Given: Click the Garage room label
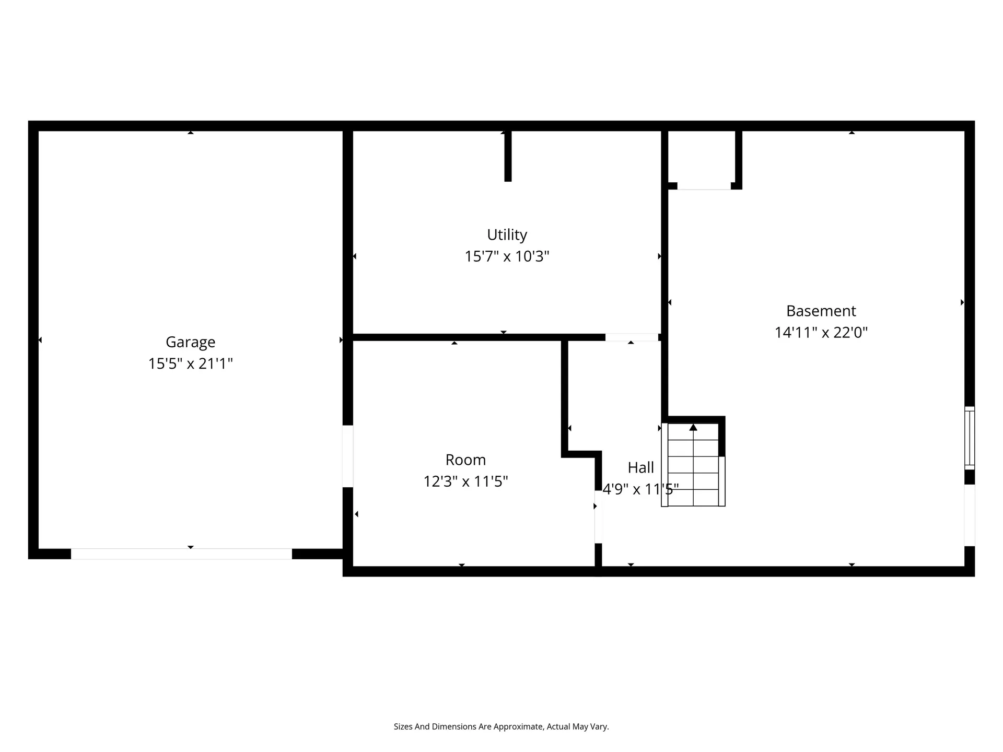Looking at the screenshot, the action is (191, 343).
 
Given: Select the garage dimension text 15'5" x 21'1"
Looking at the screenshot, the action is (191, 363).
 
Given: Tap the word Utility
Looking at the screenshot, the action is (507, 235).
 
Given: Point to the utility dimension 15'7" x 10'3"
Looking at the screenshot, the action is (507, 256).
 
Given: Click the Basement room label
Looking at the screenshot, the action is (821, 311).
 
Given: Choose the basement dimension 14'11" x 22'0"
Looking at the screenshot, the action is (821, 333).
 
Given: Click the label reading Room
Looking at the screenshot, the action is (465, 460).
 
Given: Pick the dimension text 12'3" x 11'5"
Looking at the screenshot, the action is (465, 481).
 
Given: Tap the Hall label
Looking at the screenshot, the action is (641, 467).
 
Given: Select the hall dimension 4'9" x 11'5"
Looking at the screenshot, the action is (641, 489).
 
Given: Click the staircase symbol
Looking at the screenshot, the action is (693, 465).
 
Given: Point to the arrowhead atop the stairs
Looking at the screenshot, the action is (693, 427).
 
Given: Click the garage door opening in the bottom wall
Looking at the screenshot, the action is (181, 554).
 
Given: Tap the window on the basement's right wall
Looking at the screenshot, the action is (970, 438).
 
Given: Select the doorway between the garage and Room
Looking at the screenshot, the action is (348, 456).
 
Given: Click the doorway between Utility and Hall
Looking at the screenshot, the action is (632, 337).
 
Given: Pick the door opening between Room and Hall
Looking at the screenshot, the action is (599, 517).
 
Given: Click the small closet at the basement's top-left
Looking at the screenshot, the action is (704, 159).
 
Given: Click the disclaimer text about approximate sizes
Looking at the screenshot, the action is (501, 726).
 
